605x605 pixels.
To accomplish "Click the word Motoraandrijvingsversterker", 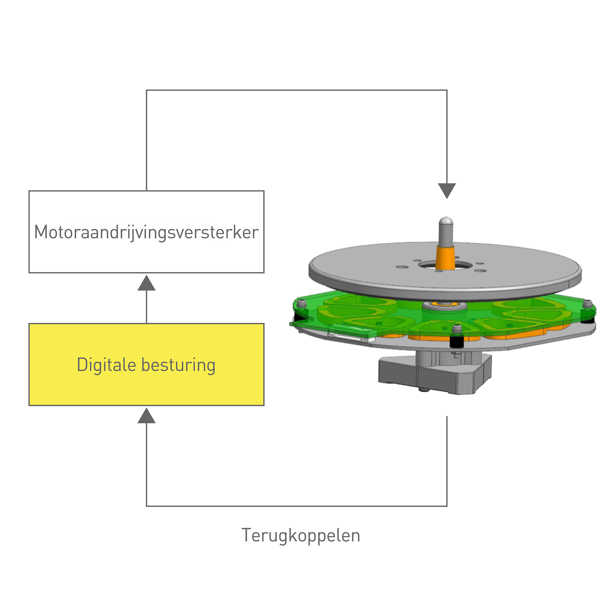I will [x=146, y=232].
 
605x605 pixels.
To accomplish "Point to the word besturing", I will [x=178, y=365].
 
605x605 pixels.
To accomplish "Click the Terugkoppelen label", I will [x=301, y=535].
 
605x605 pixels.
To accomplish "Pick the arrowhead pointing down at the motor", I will [x=446, y=190].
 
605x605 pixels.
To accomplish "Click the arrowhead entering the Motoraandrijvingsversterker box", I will [x=146, y=283].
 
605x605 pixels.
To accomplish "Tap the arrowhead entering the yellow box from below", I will [x=146, y=416].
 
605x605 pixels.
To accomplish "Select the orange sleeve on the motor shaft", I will [x=445, y=257].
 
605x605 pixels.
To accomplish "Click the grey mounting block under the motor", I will [x=435, y=376].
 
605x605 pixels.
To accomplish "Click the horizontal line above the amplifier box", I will [x=296, y=90].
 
